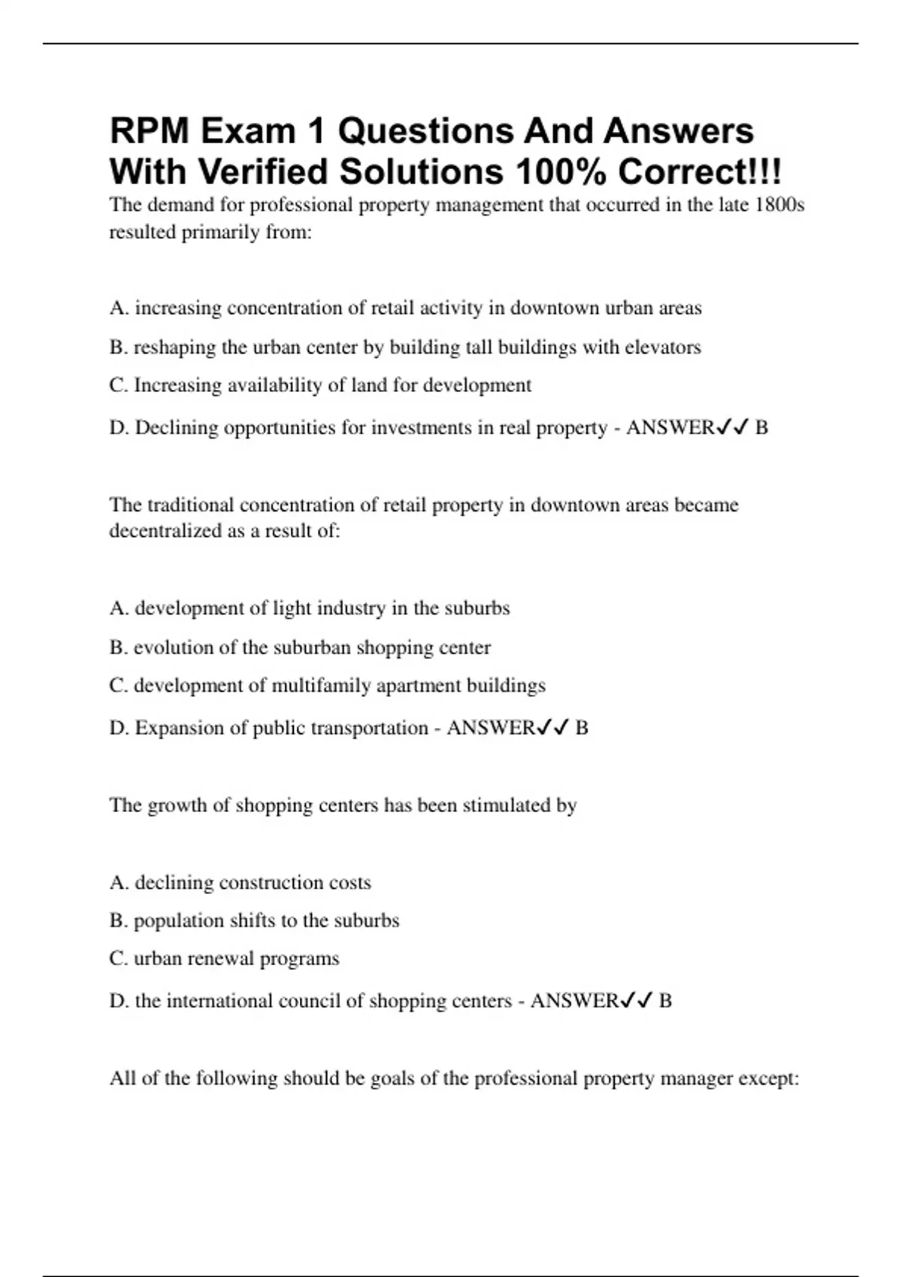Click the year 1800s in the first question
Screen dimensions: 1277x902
(781, 205)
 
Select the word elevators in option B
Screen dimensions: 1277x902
(663, 347)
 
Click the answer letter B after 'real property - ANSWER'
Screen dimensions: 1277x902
(761, 427)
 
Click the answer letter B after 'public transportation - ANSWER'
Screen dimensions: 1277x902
(582, 728)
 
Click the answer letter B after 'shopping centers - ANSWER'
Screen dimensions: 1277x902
(665, 1001)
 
